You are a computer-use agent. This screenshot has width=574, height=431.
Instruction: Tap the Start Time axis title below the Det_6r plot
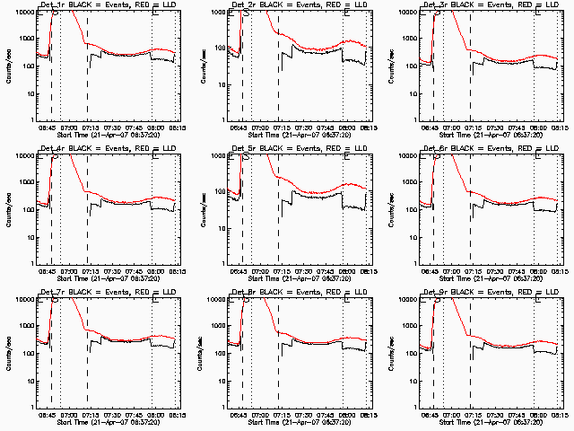[x=488, y=278]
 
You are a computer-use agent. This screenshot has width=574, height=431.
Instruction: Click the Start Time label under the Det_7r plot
[x=107, y=422]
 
